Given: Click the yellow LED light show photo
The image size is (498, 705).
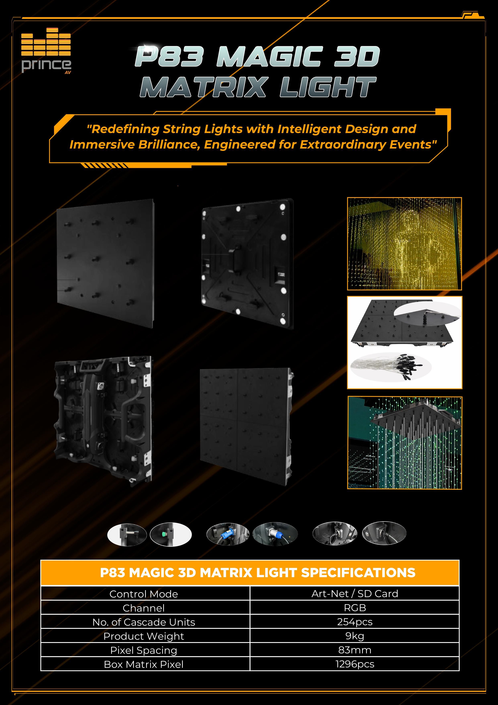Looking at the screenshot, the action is (404, 244).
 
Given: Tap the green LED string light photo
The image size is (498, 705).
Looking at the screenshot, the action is (404, 443).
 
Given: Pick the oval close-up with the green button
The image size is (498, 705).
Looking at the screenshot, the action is (171, 534).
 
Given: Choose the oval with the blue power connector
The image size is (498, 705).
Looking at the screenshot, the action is (228, 534).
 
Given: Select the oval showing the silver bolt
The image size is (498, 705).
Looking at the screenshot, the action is (127, 535).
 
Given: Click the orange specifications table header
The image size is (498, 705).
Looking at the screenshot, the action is (250, 573).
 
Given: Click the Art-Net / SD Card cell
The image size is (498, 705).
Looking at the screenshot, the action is (355, 593).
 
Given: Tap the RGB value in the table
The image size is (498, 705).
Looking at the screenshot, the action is (355, 608).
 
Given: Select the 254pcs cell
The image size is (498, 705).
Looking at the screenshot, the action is (355, 622).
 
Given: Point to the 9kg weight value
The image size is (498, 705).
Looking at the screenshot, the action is (355, 636).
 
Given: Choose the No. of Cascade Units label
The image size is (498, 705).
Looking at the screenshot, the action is (144, 622).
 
